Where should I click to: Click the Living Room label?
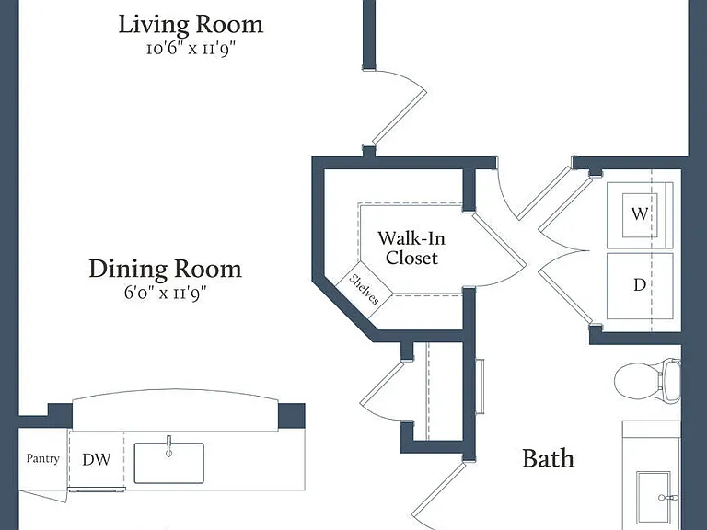coord(191,25)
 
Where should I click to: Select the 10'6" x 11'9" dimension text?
coord(191,49)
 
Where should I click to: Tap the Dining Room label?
coord(166,269)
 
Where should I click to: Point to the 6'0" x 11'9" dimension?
coord(165,294)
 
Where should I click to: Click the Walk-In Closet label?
coord(411,248)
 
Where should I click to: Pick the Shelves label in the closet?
coord(365,289)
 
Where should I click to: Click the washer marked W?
coord(640,215)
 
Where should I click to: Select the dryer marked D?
coord(640,286)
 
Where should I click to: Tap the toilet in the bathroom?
coord(647,381)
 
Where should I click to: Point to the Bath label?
coord(549,459)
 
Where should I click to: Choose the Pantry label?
coord(43,459)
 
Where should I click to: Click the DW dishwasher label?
coord(97,459)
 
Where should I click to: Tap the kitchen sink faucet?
coord(169,446)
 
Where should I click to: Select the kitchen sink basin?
coord(169,464)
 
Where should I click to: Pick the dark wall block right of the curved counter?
coord(291,416)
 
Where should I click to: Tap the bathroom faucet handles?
coord(667,498)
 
